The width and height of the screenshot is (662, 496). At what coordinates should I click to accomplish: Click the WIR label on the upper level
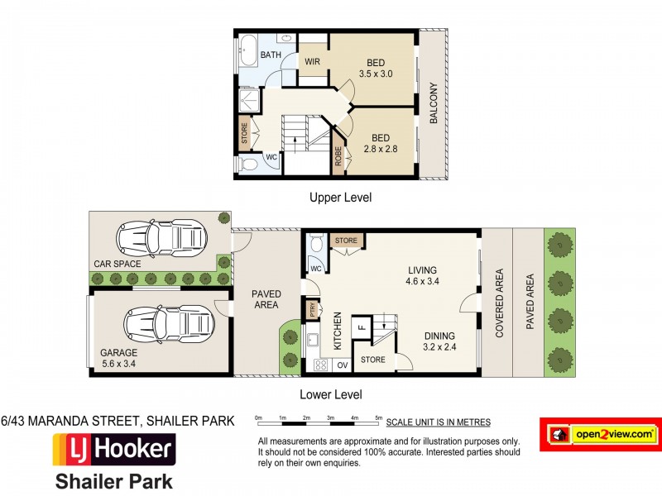pos(313,61)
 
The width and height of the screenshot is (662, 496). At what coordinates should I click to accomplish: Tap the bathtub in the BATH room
pos(247,50)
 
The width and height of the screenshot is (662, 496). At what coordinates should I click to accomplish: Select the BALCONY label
pos(434,103)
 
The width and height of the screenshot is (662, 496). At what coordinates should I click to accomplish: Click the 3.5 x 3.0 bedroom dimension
pos(376,74)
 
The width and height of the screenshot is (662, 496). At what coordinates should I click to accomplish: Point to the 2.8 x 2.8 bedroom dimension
pos(381,149)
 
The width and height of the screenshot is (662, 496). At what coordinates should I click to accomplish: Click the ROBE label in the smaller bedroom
pos(338,156)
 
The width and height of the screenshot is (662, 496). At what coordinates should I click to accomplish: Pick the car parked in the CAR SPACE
pos(161,238)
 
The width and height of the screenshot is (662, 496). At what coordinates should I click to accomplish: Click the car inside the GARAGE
pos(169,325)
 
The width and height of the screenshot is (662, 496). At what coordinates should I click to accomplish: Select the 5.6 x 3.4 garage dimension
pos(118,364)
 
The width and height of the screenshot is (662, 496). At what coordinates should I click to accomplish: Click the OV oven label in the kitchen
pos(343,365)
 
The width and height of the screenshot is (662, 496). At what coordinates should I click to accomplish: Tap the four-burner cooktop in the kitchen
pos(321,365)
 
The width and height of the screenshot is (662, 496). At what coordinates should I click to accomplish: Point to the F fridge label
pos(361,327)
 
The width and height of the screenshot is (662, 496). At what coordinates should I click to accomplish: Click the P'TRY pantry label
pos(313,309)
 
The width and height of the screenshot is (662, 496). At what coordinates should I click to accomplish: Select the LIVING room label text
pos(422,270)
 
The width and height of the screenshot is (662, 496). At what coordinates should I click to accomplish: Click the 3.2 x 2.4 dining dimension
pos(439,347)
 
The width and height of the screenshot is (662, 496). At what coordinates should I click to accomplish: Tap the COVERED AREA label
pos(500,303)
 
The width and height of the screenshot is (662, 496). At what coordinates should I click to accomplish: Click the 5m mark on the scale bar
pos(379,418)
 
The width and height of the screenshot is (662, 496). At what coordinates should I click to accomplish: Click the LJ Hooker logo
pos(114,450)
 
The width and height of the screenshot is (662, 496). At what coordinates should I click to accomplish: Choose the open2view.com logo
pos(601,435)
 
